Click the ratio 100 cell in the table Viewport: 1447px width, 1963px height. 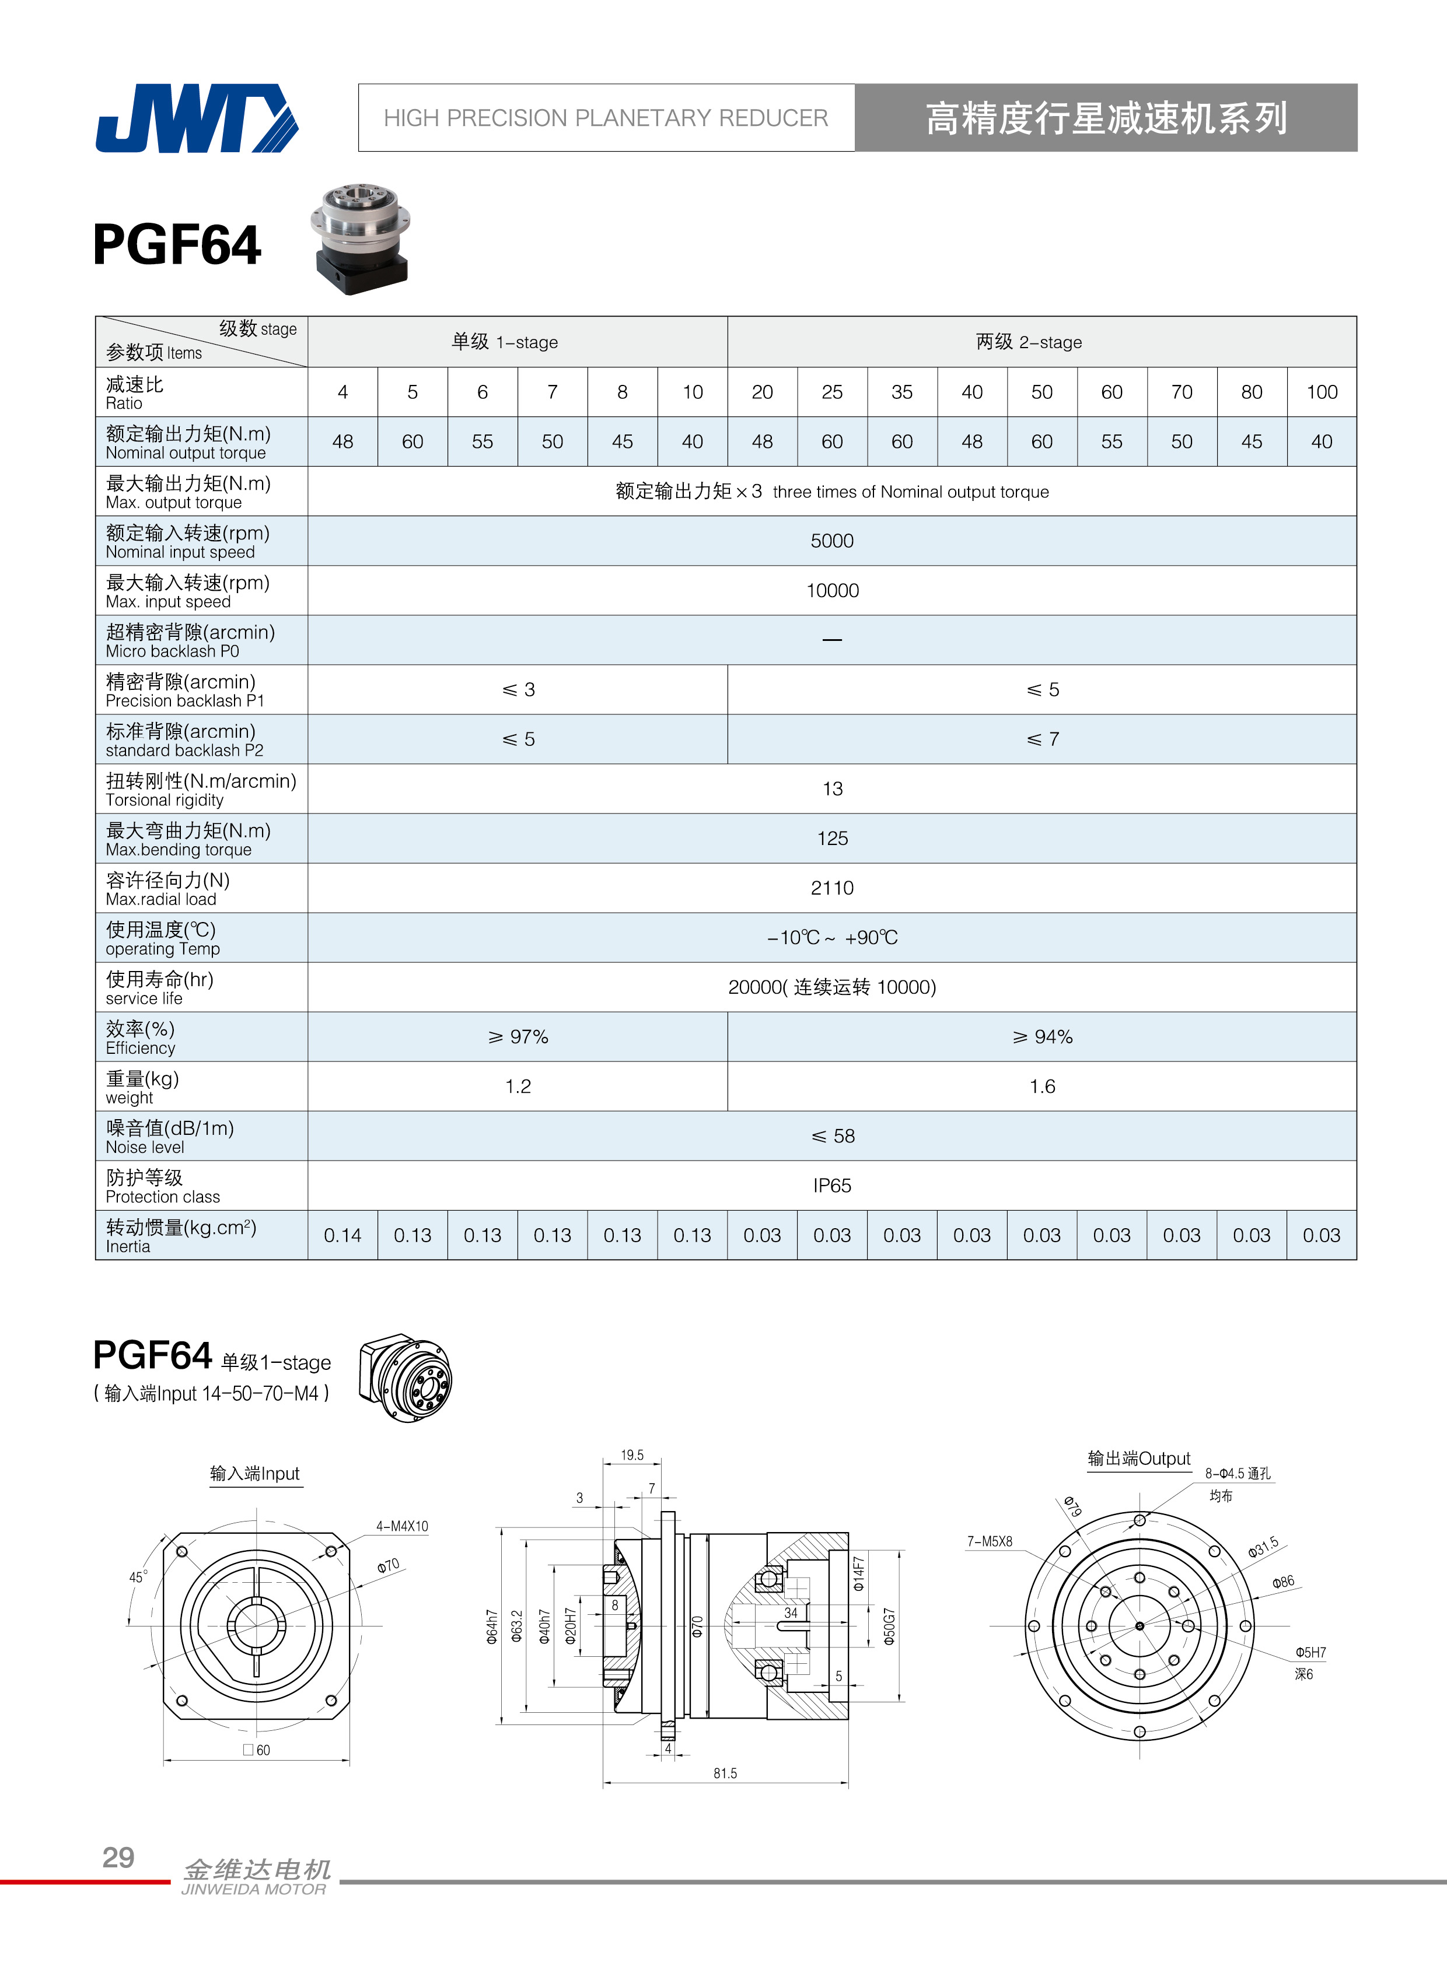(1321, 392)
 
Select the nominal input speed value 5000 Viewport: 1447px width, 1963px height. (831, 541)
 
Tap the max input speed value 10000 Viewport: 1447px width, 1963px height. (831, 591)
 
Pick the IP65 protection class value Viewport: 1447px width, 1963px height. (831, 1186)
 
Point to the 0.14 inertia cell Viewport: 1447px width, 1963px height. (342, 1235)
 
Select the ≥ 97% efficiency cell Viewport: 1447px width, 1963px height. (518, 1037)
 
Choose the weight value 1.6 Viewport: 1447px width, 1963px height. (1041, 1086)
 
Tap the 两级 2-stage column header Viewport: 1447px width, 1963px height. (1028, 342)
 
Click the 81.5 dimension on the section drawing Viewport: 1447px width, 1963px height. (725, 1773)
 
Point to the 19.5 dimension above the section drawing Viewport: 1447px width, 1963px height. (631, 1455)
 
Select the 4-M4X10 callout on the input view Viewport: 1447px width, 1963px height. (402, 1526)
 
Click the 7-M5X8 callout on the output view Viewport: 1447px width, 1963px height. (989, 1541)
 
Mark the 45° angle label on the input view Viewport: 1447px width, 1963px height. (138, 1577)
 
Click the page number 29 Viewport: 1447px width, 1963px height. (118, 1856)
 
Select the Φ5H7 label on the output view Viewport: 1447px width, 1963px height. (1310, 1652)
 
